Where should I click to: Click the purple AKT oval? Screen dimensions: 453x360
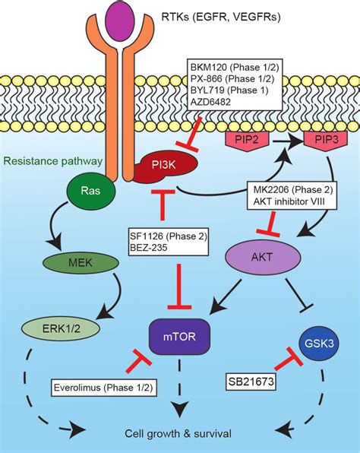point(260,256)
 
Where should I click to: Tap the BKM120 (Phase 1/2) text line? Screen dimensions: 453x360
point(226,68)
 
